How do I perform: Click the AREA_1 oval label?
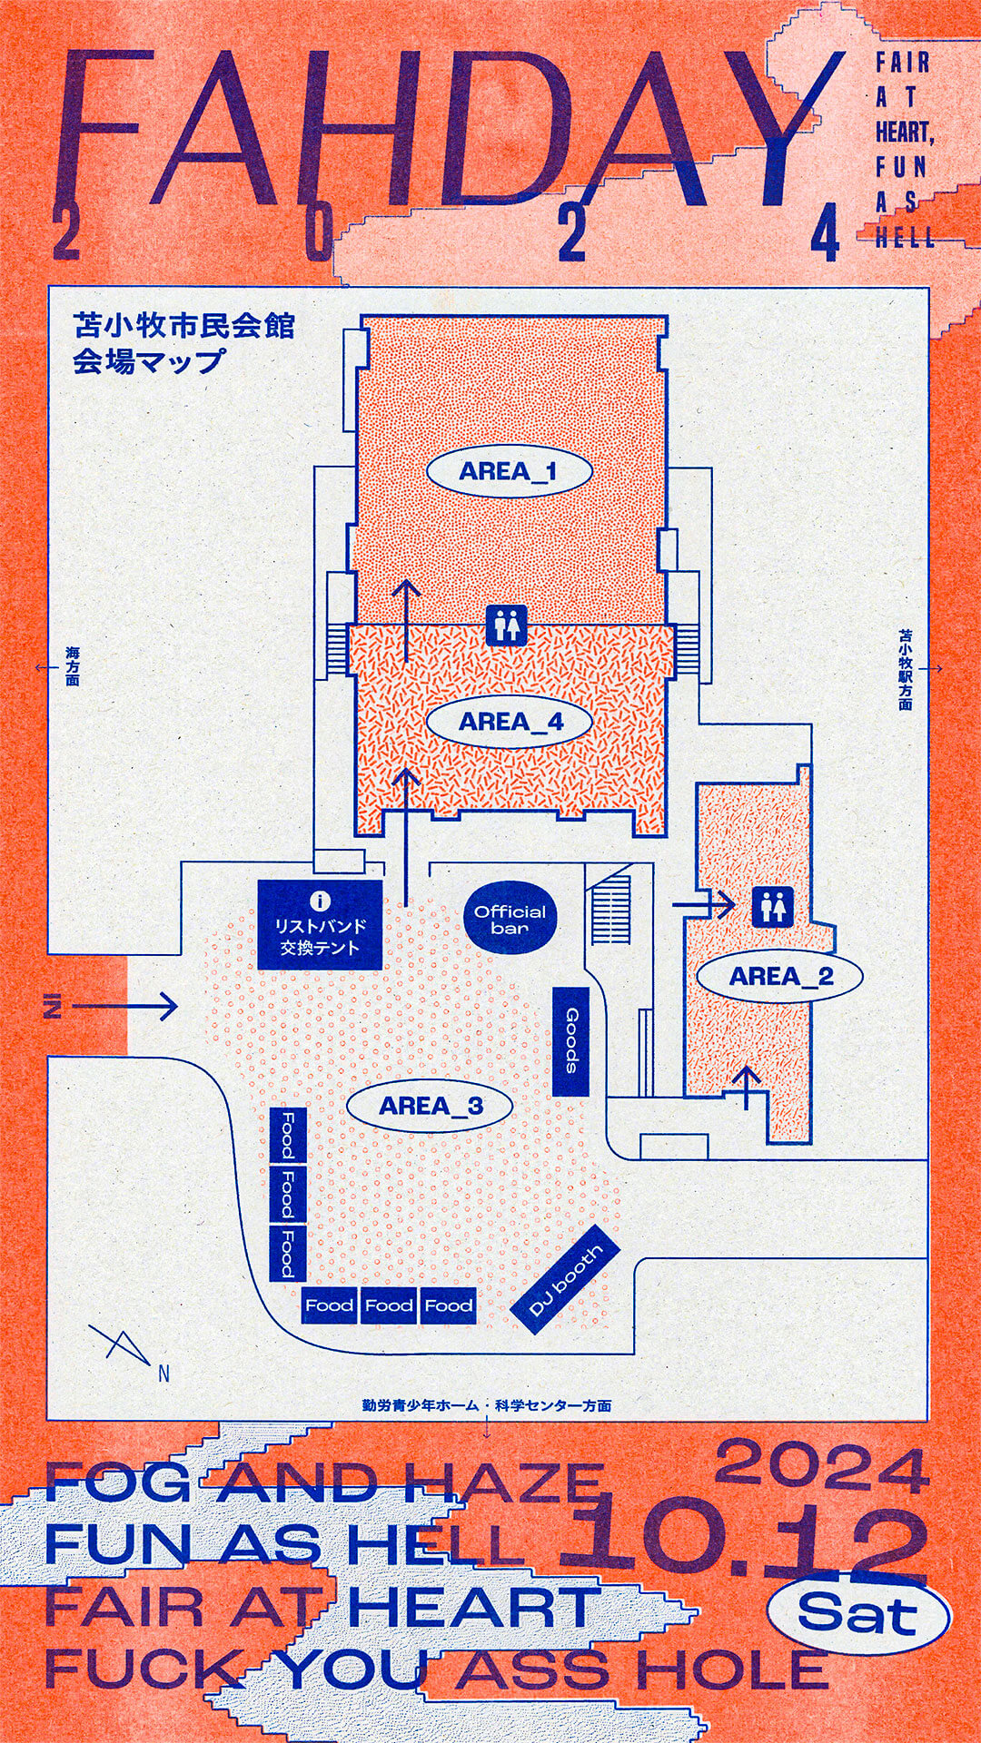coord(509,471)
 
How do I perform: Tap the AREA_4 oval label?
coord(510,722)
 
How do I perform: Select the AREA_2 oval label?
coord(780,977)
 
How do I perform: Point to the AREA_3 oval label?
coord(431,1106)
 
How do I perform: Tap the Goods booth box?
coord(571,1040)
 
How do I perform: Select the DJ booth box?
coord(565,1281)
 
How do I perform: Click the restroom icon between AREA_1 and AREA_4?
coord(507,626)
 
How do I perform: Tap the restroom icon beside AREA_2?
coord(773,906)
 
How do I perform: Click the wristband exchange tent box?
coord(320,925)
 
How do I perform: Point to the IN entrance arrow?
coord(114,1006)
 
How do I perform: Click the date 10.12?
coord(740,1543)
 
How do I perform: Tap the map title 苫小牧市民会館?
coord(184,325)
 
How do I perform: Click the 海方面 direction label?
coord(72,666)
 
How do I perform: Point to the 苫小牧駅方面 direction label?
coord(906,669)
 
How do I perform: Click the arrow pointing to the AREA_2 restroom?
coord(703,904)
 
